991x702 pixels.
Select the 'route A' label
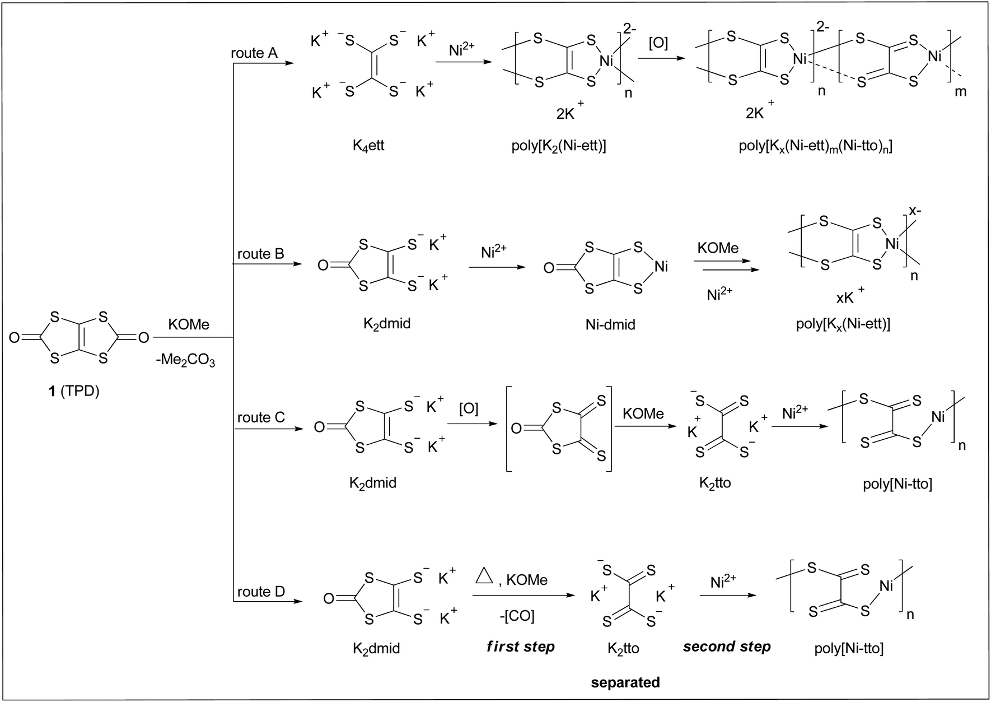point(254,53)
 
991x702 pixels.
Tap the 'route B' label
point(260,254)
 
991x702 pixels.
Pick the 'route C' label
point(261,417)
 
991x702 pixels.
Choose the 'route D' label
point(261,592)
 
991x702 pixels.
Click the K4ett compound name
point(368,146)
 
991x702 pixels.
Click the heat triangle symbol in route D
point(484,577)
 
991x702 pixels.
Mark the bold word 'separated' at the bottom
point(625,682)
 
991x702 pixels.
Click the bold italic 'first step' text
point(521,647)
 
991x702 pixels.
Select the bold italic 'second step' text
point(727,647)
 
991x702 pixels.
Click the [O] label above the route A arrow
point(658,43)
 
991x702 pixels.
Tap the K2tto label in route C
point(715,483)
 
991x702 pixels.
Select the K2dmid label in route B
point(387,324)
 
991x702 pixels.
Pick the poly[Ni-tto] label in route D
point(849,648)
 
